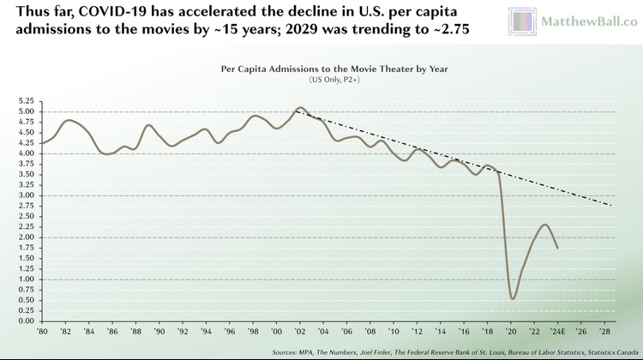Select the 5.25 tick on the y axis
25,101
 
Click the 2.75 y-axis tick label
25,206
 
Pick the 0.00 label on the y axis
25,321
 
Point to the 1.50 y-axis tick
25,258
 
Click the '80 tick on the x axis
40,331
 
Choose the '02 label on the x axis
299,331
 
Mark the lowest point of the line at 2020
513,298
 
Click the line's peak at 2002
299,108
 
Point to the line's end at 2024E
558,248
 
